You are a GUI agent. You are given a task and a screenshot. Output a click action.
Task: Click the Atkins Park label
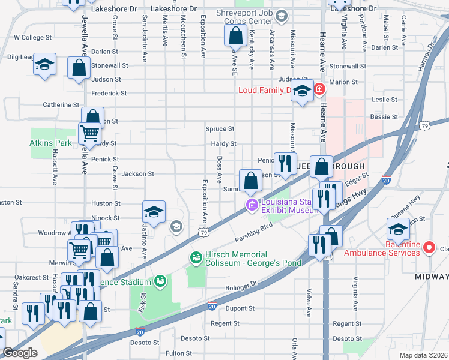point(50,143)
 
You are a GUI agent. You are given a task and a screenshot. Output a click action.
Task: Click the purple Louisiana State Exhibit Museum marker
point(251,206)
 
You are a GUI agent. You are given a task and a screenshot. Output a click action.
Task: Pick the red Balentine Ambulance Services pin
point(429,247)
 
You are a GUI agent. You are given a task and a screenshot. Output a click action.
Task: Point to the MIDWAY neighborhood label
point(431,277)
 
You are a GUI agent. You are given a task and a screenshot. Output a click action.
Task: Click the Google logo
point(20,353)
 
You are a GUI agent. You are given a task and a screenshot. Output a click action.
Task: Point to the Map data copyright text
point(424,354)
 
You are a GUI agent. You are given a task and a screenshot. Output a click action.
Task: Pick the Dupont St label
point(240,308)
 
